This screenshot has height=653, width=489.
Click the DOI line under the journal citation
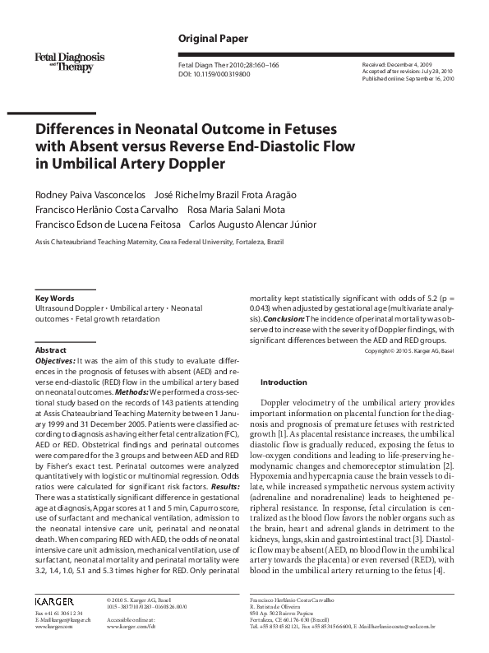tap(215, 74)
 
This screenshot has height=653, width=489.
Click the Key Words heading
tap(55, 298)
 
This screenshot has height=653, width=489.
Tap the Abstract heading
tap(51, 349)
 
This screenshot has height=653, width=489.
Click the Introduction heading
tap(284, 382)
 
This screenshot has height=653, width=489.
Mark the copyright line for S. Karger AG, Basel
tap(408, 351)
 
